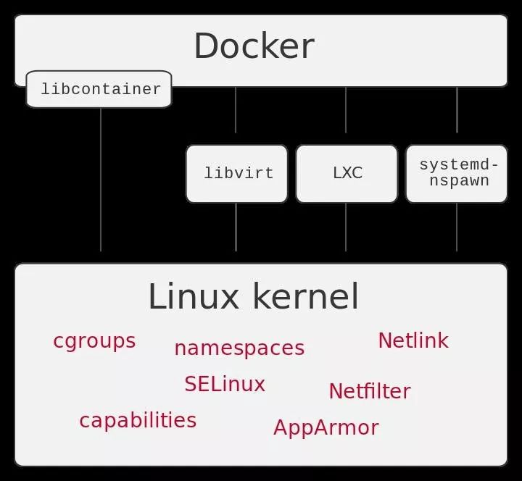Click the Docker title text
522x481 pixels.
coord(254,46)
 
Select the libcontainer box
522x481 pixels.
coord(99,89)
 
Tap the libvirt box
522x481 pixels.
coord(237,174)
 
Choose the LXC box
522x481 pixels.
coord(347,174)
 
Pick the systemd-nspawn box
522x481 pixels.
coord(457,174)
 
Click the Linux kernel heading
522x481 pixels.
coord(253,297)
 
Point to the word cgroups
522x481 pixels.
coord(94,340)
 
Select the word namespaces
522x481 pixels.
coord(239,348)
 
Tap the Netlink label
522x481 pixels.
coord(413,340)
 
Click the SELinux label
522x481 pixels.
coord(224,384)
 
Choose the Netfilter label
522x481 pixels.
coord(369,391)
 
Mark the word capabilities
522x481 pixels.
coord(138,420)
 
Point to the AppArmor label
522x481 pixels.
coord(326,427)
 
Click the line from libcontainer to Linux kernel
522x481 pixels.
coord(100,181)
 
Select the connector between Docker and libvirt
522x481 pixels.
coord(236,110)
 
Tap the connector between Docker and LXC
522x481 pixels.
coord(346,110)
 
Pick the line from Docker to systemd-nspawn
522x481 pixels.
coord(457,110)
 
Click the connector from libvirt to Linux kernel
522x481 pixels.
coord(236,227)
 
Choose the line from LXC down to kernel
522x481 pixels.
coord(346,227)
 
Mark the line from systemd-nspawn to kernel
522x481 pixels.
coord(457,227)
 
